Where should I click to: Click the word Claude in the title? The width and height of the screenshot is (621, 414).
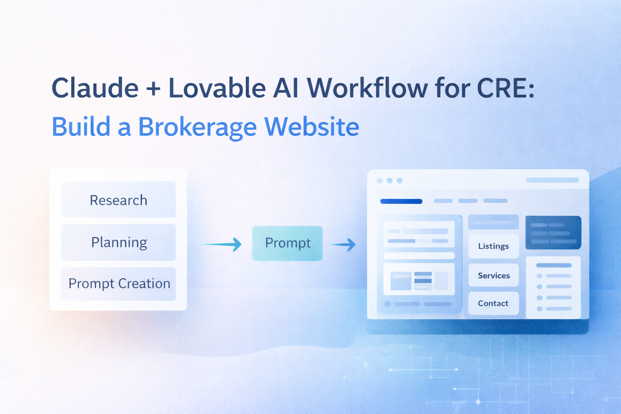95,88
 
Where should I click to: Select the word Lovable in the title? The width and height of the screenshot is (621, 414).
217,88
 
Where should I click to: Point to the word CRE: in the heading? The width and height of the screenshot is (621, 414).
506,88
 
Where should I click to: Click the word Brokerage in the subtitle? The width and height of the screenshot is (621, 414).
197,127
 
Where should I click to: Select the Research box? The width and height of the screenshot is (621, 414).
118,200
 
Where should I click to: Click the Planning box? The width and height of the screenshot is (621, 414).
118,242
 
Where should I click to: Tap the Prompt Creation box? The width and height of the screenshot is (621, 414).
118,283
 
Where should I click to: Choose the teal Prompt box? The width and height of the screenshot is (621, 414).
287,243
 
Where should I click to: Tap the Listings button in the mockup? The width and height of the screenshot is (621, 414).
493,246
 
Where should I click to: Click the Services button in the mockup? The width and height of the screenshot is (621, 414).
493,275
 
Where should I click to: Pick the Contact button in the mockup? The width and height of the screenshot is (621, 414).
493,303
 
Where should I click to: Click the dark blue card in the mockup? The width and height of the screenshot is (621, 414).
553,232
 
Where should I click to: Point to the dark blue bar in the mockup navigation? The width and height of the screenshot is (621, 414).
401,201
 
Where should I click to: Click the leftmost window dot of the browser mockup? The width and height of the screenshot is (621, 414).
380,181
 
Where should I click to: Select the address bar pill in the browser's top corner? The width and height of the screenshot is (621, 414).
552,180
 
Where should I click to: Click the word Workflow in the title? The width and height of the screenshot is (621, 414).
367,88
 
